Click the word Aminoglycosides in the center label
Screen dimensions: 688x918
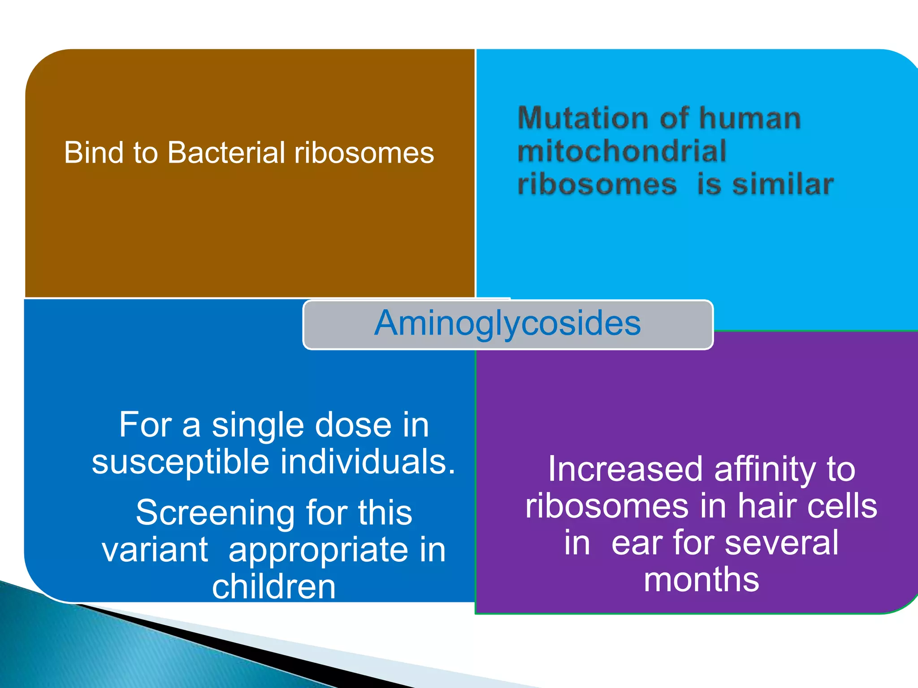[x=507, y=323]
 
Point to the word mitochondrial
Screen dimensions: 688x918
[x=621, y=151]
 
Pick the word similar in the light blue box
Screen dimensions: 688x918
[x=783, y=185]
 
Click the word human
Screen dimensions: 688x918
[x=750, y=118]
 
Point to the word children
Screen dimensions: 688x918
[x=273, y=587]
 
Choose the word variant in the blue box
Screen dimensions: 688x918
[x=155, y=550]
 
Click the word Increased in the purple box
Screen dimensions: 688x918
[x=625, y=469]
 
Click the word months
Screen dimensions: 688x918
[x=701, y=580]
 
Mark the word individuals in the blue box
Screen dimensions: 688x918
[x=368, y=462]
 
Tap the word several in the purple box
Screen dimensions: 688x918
[x=781, y=543]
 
